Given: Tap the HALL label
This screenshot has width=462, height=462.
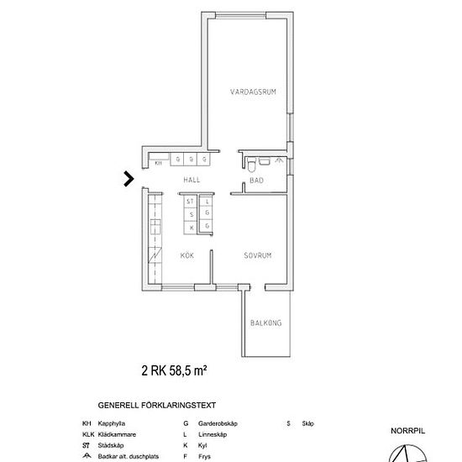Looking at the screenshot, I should pos(192,181).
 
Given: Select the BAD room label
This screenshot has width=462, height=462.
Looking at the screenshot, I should pos(256,181).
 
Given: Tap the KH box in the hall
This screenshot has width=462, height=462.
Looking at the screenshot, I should pos(158,162).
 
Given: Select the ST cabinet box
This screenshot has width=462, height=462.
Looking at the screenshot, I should pos(191,202).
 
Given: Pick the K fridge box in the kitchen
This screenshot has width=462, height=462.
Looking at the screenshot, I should pos(191,227).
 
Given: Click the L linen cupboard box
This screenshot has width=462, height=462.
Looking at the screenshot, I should pos(207,202).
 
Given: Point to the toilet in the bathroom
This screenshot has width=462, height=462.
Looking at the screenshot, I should pos(264,160).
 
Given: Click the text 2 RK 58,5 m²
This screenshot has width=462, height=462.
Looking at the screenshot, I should pos(174,369).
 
